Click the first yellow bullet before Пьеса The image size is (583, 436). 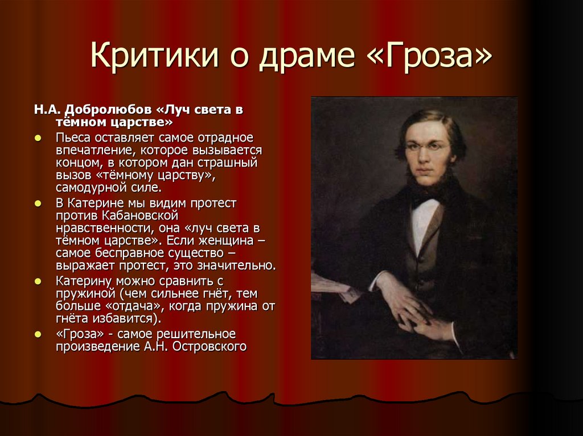38,138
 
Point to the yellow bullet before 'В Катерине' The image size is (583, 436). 38,203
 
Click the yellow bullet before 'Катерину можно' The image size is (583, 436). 38,281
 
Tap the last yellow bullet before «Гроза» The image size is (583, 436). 38,333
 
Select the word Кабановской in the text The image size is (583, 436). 141,215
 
